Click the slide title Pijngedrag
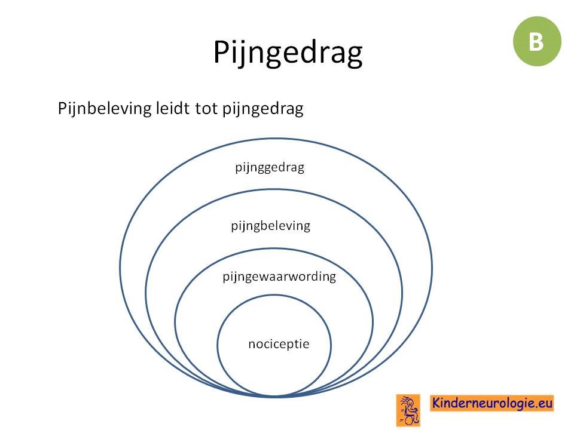[288, 53]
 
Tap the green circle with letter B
[537, 41]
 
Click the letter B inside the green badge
[536, 41]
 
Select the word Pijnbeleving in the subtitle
[104, 109]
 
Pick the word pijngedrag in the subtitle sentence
[263, 109]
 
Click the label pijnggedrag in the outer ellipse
[270, 167]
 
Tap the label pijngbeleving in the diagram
[270, 226]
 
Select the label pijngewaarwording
[279, 277]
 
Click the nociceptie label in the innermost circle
[279, 344]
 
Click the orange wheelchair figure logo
[408, 410]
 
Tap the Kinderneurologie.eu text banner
[492, 403]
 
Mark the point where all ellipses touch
[274, 396]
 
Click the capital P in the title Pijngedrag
[221, 53]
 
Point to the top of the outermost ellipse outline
[276, 139]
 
